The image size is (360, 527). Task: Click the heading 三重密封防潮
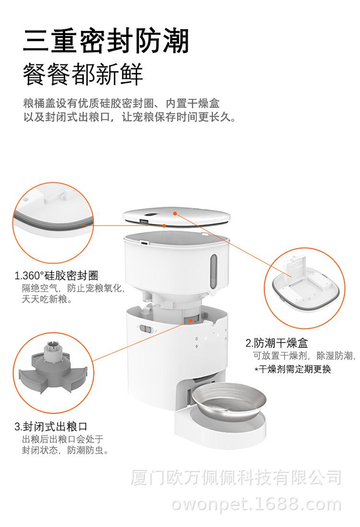106,41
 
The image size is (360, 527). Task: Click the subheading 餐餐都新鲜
83,74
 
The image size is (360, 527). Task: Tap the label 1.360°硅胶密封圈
56,276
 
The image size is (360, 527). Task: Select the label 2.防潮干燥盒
276,343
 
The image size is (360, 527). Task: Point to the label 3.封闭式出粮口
51,427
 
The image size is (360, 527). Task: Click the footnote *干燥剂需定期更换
292,369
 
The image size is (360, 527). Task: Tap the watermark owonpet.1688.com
256,505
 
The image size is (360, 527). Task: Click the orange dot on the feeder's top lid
175,213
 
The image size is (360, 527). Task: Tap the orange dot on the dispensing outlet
191,320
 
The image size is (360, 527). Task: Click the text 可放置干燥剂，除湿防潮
304,356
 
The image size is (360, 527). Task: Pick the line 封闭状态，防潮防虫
65,450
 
